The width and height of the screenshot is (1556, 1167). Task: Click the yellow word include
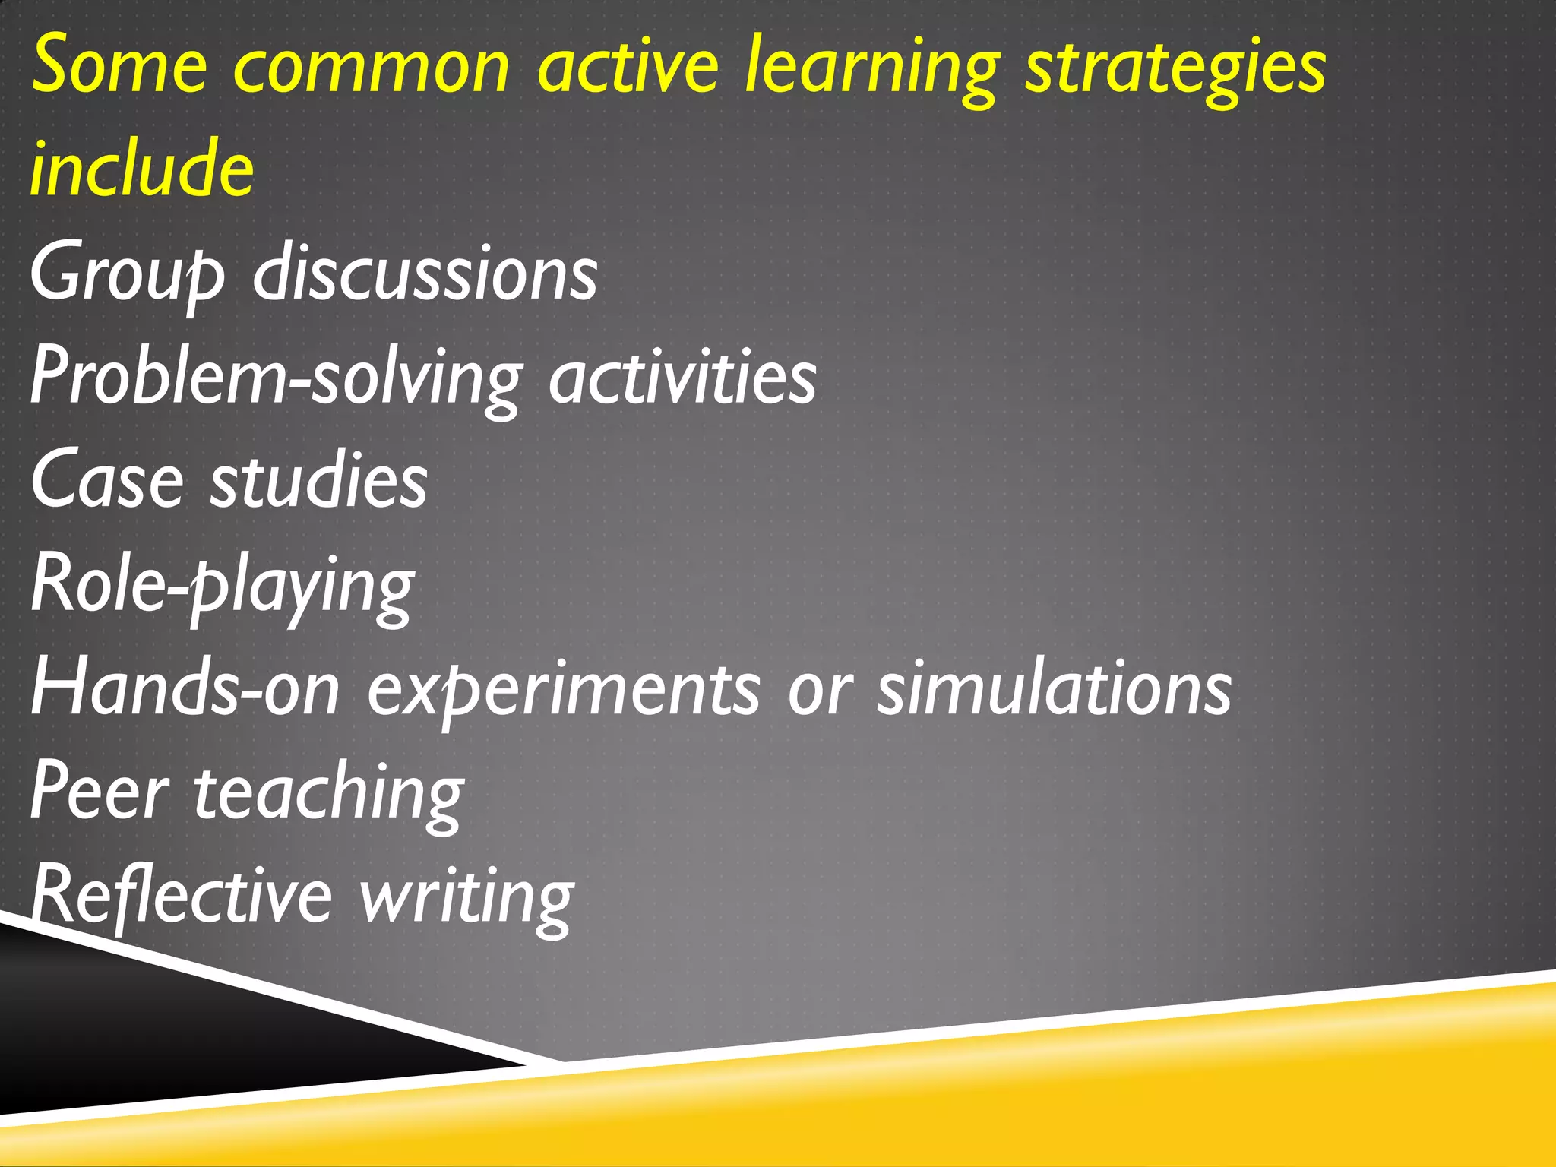142,169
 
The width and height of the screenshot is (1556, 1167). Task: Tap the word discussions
425,272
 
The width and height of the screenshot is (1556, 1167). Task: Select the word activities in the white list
682,376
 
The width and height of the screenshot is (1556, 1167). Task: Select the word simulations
1054,688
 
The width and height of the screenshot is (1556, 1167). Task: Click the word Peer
100,793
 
